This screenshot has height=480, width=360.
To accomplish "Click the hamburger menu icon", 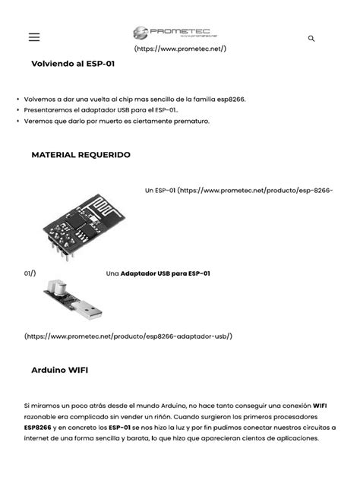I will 34,37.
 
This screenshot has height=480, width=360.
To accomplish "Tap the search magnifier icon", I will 311,38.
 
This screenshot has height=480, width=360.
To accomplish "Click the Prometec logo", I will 179,32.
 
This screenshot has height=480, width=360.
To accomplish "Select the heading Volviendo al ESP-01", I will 73,65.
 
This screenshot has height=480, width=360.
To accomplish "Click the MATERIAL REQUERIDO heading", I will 81,154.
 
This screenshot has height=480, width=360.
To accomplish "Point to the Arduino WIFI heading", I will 59,370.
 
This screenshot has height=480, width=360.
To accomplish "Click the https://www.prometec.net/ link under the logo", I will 180,49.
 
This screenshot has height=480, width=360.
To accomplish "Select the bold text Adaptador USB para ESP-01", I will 165,273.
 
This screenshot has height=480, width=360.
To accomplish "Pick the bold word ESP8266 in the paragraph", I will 38,428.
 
